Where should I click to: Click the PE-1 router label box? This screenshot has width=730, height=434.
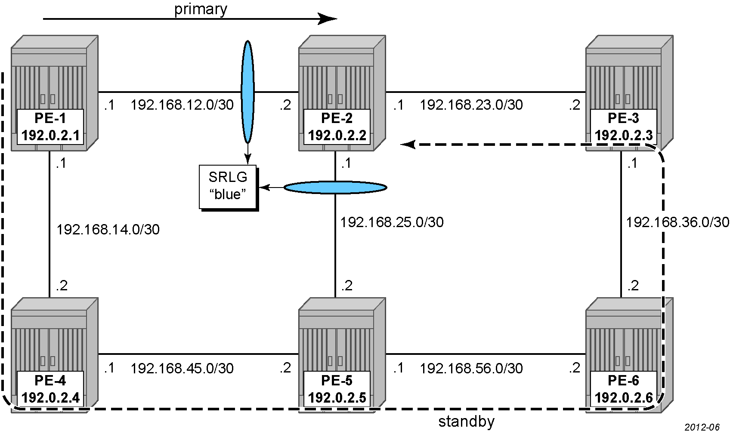(x=50, y=127)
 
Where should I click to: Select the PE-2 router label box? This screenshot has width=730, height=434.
(x=337, y=127)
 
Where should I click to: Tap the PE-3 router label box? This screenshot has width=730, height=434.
(x=624, y=127)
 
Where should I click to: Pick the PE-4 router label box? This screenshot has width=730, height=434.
(x=50, y=389)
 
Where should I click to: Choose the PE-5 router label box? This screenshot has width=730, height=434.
(x=337, y=389)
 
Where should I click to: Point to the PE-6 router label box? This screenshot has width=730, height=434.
(x=624, y=389)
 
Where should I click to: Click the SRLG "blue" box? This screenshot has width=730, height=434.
(x=228, y=187)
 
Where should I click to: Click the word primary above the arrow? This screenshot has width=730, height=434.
(x=201, y=9)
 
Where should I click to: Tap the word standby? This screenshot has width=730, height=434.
(x=466, y=422)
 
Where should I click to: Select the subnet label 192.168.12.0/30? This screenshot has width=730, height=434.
(x=182, y=105)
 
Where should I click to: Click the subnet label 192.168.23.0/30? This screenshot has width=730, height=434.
(x=471, y=105)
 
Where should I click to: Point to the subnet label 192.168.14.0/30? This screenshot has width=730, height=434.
(x=108, y=230)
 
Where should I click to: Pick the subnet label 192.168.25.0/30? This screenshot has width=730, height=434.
(x=392, y=222)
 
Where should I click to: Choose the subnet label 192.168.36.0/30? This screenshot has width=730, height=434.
(x=678, y=222)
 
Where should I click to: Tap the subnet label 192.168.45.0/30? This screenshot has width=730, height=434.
(x=182, y=369)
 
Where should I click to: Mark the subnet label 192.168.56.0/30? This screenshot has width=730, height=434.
(x=471, y=369)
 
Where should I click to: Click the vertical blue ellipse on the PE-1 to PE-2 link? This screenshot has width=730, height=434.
(x=247, y=92)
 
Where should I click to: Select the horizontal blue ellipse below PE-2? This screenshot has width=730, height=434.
(x=335, y=188)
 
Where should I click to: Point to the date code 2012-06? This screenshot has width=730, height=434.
(x=702, y=427)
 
